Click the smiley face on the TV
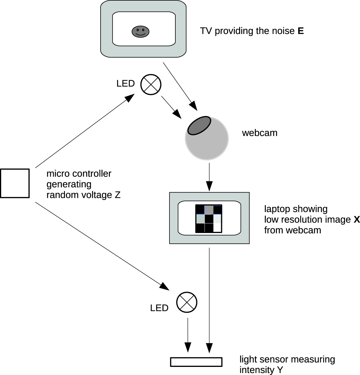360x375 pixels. point(141,31)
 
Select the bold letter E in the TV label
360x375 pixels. point(301,31)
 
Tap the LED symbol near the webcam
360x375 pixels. point(151,84)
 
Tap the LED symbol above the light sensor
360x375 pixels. point(187,302)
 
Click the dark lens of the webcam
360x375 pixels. point(199,125)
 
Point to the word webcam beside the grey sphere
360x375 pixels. point(260,133)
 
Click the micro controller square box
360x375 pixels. point(15,183)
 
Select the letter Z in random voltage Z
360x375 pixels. point(117,195)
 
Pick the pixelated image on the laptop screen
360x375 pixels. point(209,219)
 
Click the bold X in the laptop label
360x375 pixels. point(357,220)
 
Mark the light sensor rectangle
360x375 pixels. point(196,362)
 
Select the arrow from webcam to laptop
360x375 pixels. point(209,177)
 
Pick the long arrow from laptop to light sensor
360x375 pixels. point(209,298)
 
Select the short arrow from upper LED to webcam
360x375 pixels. point(171,107)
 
